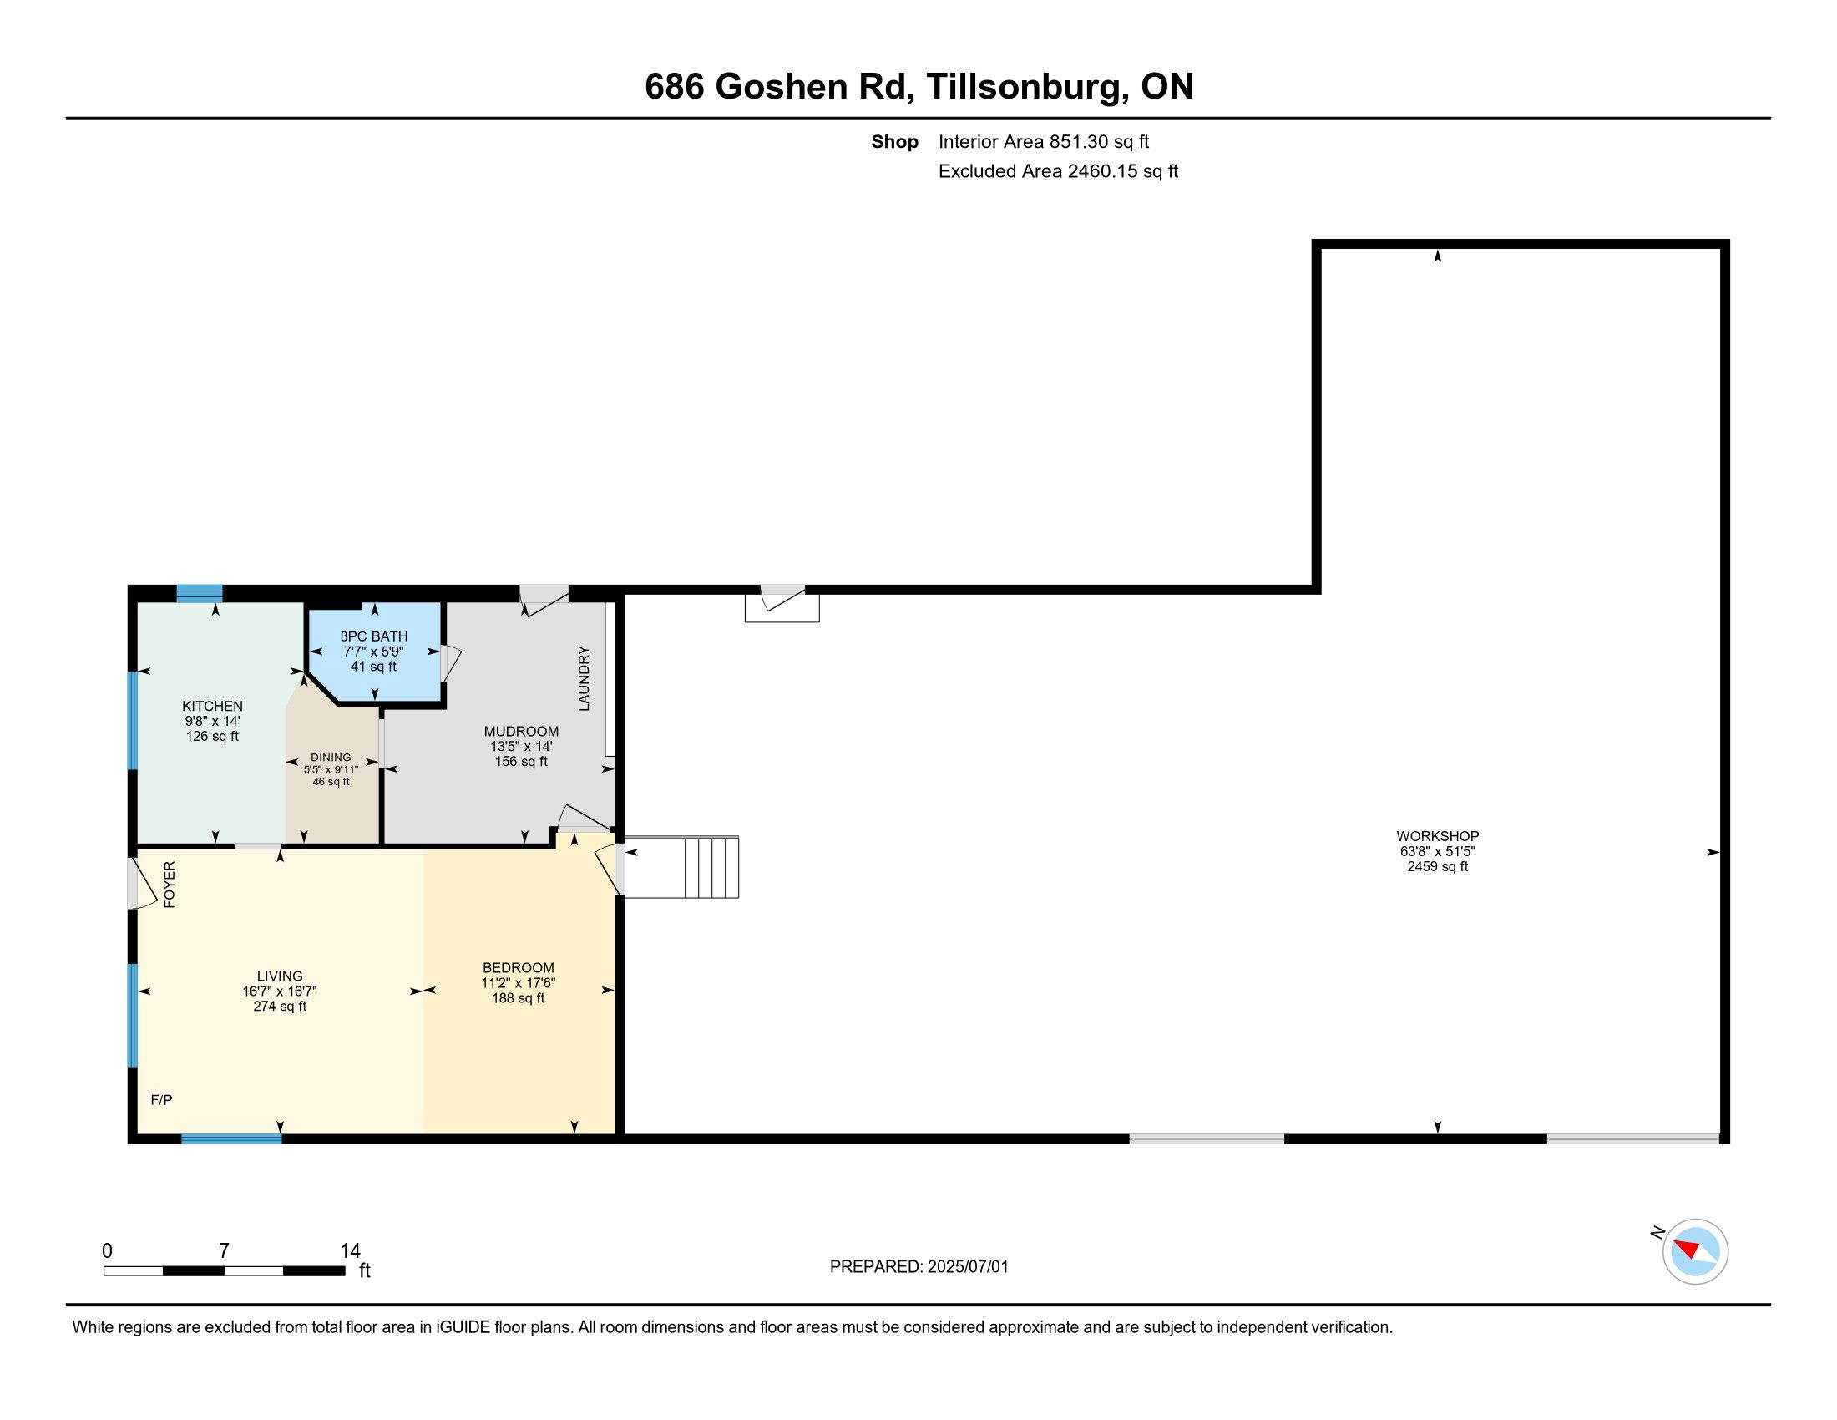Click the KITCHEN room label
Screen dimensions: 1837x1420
pyautogui.click(x=213, y=707)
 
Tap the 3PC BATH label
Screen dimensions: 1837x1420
pyautogui.click(x=373, y=636)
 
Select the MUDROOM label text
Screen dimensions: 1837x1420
pyautogui.click(x=522, y=732)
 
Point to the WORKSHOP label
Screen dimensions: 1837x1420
pyautogui.click(x=1438, y=836)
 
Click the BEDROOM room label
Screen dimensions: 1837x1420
pyautogui.click(x=519, y=968)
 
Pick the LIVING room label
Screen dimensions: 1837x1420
pyautogui.click(x=280, y=976)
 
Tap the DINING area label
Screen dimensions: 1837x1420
pyautogui.click(x=331, y=757)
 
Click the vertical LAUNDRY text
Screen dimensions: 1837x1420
pyautogui.click(x=584, y=679)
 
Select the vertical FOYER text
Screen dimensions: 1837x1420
pyautogui.click(x=169, y=885)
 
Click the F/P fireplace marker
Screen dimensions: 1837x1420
pyautogui.click(x=161, y=1099)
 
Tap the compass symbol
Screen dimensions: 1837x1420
pyautogui.click(x=1694, y=1251)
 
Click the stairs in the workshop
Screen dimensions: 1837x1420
pyautogui.click(x=681, y=866)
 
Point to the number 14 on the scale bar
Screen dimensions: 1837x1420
pyautogui.click(x=350, y=1251)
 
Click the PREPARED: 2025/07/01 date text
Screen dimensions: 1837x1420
pyautogui.click(x=918, y=1267)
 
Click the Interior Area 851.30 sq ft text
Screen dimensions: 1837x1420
pyautogui.click(x=1044, y=142)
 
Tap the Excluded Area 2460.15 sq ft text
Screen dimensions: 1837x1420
pyautogui.click(x=1058, y=171)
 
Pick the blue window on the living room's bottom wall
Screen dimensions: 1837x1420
pyautogui.click(x=231, y=1139)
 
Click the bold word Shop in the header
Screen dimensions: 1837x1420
pyautogui.click(x=894, y=142)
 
